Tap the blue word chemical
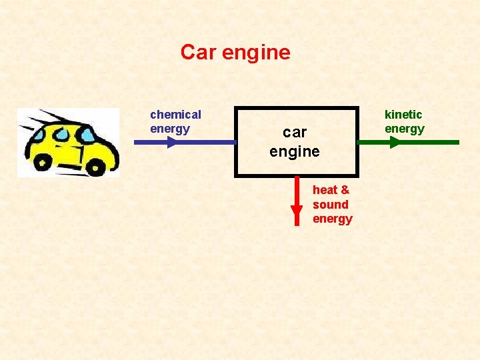[175, 115]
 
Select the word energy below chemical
[170, 129]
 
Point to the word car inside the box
[295, 133]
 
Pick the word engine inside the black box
[295, 152]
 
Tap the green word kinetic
[403, 115]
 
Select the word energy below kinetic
[405, 129]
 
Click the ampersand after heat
[345, 190]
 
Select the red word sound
[331, 205]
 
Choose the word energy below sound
[333, 219]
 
